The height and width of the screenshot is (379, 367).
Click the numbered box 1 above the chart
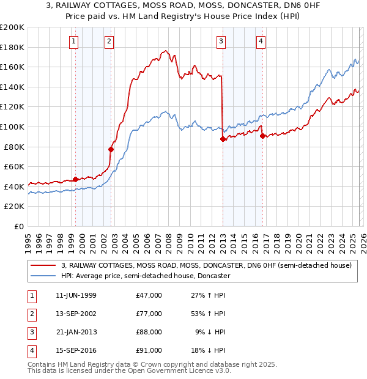pyautogui.click(x=73, y=42)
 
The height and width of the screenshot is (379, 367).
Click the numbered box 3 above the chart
pyautogui.click(x=221, y=42)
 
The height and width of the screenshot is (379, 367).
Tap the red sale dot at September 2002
pyautogui.click(x=111, y=149)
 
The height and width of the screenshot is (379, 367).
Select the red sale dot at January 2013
pyautogui.click(x=223, y=139)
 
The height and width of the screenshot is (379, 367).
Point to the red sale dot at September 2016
pyautogui.click(x=262, y=136)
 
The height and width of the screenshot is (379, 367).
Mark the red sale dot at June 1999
pyautogui.click(x=76, y=179)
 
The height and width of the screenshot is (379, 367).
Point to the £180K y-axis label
pyautogui.click(x=12, y=47)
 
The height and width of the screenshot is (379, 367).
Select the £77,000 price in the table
pyautogui.click(x=149, y=314)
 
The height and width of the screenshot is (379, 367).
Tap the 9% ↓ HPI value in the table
pyautogui.click(x=210, y=332)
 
